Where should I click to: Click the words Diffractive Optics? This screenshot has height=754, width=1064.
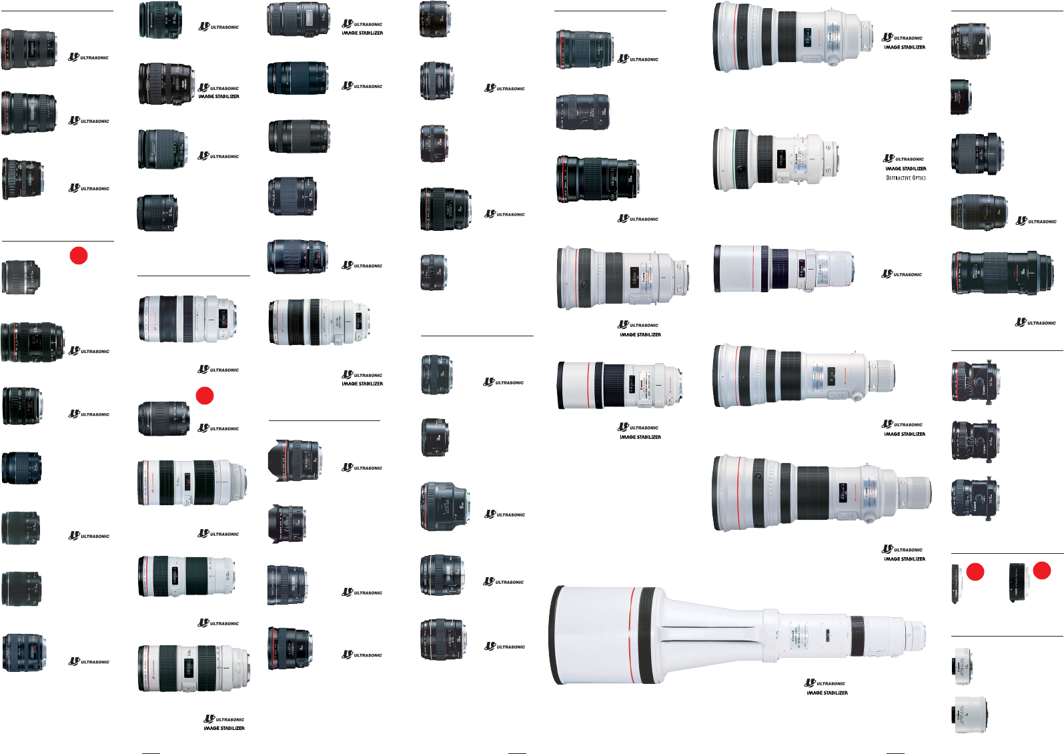pyautogui.click(x=906, y=178)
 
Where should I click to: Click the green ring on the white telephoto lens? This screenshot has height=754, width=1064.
pyautogui.click(x=734, y=159)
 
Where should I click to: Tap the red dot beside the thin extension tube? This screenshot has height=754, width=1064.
pyautogui.click(x=975, y=572)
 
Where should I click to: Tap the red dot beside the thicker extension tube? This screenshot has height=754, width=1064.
pyautogui.click(x=1042, y=571)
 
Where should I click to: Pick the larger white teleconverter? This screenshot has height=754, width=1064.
pyautogui.click(x=970, y=715)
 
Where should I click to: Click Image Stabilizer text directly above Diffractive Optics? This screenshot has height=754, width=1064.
pyautogui.click(x=906, y=169)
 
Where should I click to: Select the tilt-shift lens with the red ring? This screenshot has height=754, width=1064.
pyautogui.click(x=975, y=382)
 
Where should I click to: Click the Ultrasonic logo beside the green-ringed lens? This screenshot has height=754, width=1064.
pyautogui.click(x=904, y=159)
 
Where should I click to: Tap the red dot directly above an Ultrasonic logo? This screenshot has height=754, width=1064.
pyautogui.click(x=205, y=396)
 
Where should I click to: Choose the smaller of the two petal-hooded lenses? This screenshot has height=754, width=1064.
pyautogui.click(x=286, y=524)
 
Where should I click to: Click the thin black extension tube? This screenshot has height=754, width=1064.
pyautogui.click(x=956, y=584)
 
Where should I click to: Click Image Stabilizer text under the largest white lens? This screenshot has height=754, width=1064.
pyautogui.click(x=827, y=693)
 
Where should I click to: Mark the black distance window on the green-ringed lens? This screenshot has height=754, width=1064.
pyautogui.click(x=780, y=159)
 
